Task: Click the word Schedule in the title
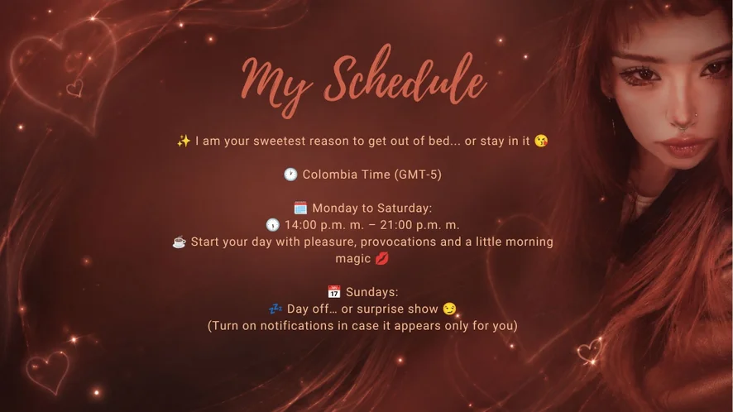405,77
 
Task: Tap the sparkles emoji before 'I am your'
184,141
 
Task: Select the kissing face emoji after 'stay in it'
541,141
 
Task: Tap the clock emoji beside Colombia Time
290,175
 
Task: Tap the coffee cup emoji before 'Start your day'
179,242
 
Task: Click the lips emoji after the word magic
382,259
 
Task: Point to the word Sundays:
372,292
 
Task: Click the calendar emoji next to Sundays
333,292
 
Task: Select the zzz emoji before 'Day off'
275,309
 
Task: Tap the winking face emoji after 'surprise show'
449,309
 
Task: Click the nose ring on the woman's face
683,125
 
